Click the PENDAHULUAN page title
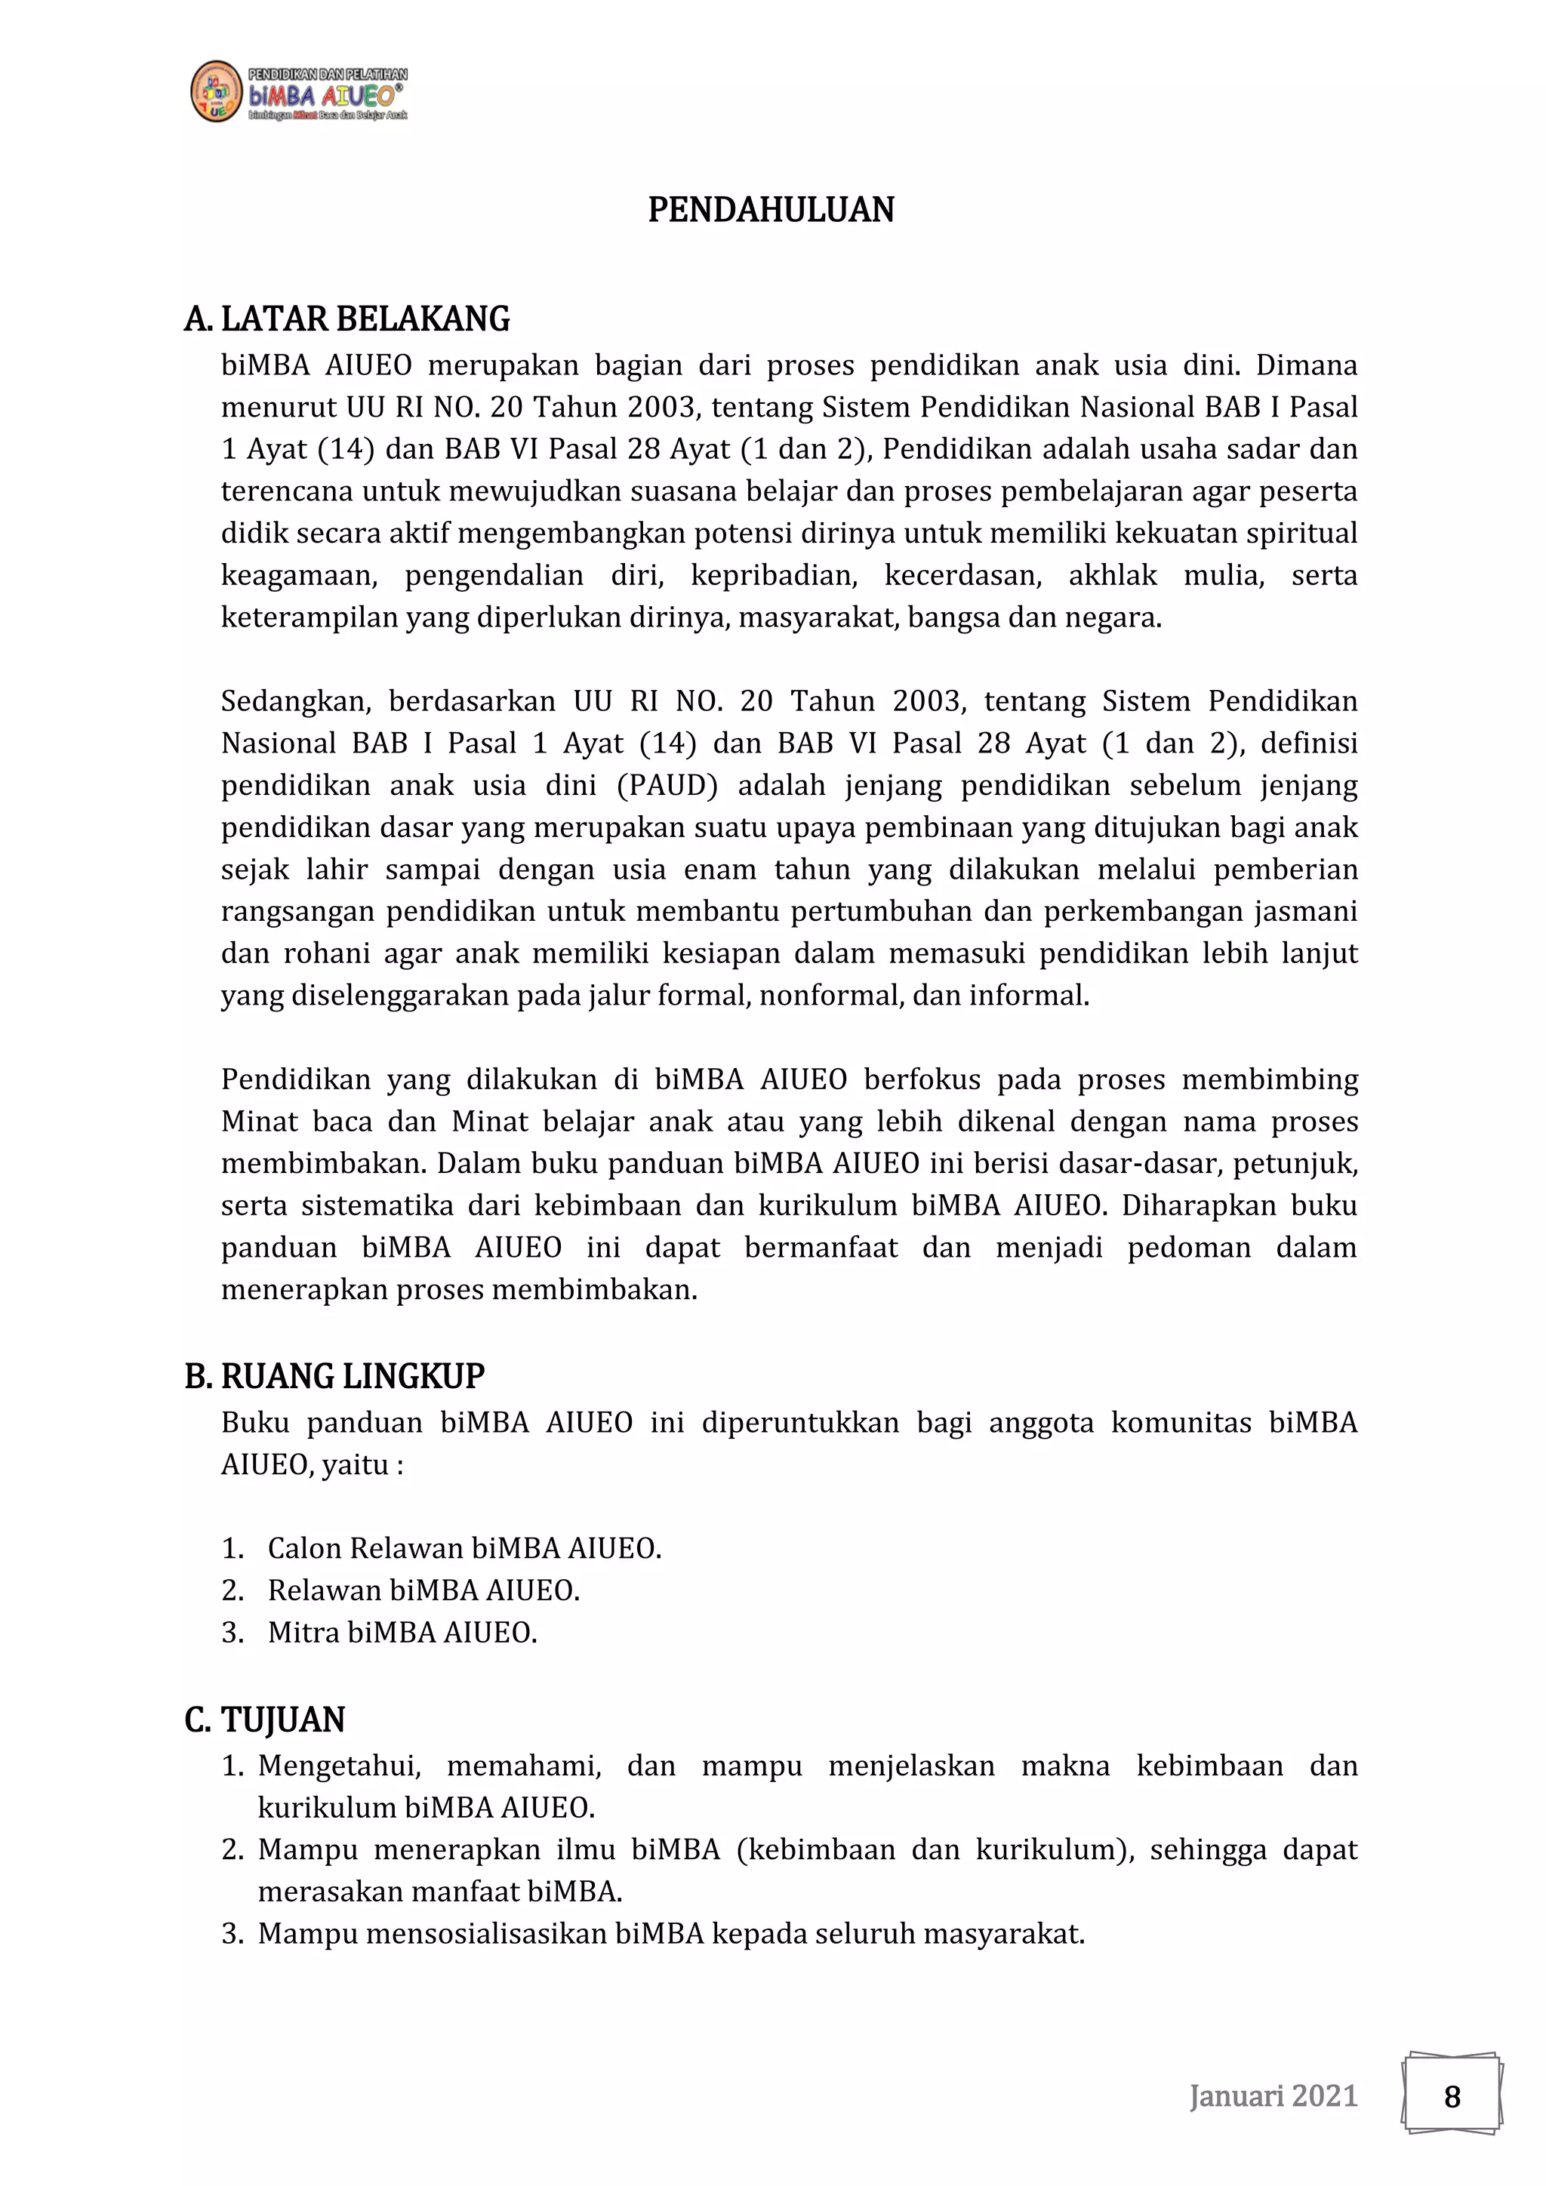click(x=770, y=209)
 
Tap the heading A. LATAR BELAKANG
click(x=346, y=319)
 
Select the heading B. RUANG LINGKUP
click(x=334, y=1377)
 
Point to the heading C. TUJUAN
click(x=265, y=1720)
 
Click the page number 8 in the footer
click(x=1451, y=2096)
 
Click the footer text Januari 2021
click(x=1273, y=2095)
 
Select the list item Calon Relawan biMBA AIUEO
click(x=463, y=1548)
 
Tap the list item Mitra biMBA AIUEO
click(x=402, y=1633)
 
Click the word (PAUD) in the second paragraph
click(x=667, y=786)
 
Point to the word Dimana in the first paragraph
click(x=1306, y=365)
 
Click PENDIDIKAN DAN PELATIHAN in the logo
click(x=328, y=74)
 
